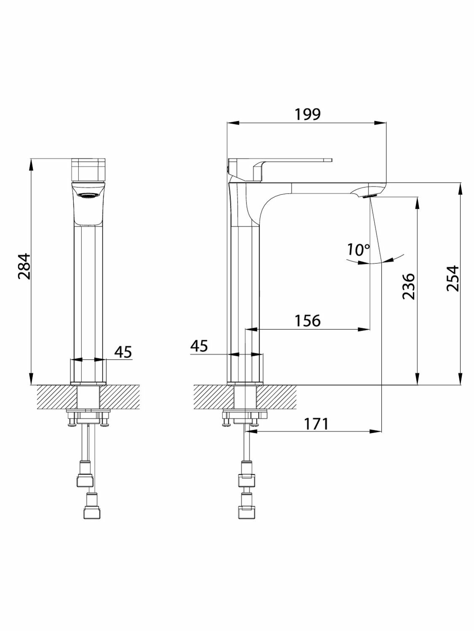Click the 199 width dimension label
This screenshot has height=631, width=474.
(x=308, y=114)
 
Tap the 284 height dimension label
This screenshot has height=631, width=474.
(x=24, y=266)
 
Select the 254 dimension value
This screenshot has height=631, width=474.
(x=453, y=278)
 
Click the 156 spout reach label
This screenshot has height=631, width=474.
(x=308, y=320)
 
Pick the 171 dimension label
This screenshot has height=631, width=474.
(x=316, y=424)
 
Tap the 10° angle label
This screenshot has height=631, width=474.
(x=358, y=249)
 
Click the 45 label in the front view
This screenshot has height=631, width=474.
(x=123, y=352)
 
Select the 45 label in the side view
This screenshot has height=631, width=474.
(x=199, y=346)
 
